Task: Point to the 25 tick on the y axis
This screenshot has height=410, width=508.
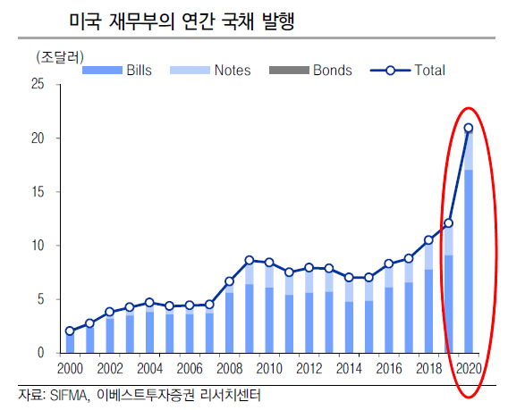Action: coord(37,85)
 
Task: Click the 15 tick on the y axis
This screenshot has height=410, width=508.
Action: coord(37,192)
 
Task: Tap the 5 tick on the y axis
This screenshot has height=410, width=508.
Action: coord(39,299)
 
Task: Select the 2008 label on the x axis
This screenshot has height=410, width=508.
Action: coord(229,368)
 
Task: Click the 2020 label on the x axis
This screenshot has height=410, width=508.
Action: coord(467,368)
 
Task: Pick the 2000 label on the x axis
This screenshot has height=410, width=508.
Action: coord(70,368)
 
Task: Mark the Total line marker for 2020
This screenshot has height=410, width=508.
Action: coord(468,128)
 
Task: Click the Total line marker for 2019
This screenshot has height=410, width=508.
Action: coord(448,223)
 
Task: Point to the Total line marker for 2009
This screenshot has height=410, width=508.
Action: coord(250,260)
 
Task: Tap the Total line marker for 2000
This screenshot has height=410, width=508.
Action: coord(71,331)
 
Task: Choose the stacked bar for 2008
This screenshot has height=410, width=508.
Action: coord(230,322)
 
